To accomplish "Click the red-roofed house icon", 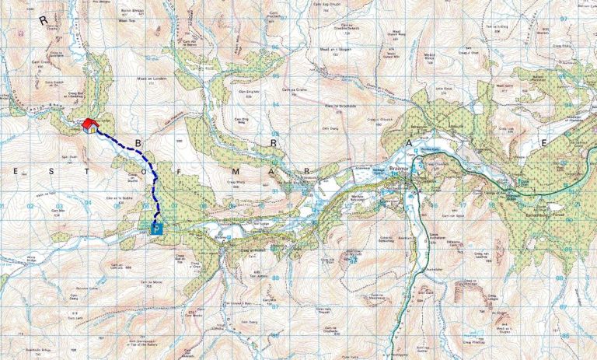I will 90,125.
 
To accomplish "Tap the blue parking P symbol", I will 157,229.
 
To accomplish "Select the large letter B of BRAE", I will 138,143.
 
